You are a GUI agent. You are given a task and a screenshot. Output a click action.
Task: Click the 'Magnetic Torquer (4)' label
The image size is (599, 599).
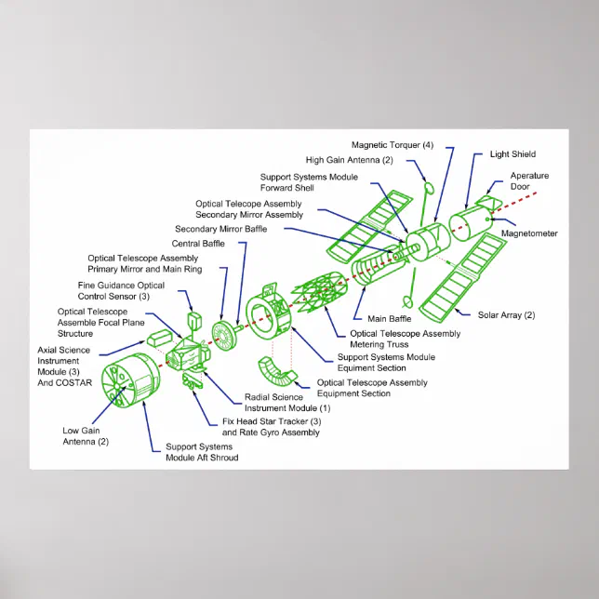click(x=392, y=145)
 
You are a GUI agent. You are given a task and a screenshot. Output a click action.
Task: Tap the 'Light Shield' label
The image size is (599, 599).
click(x=512, y=154)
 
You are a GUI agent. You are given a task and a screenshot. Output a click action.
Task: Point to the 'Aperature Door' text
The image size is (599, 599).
click(x=529, y=181)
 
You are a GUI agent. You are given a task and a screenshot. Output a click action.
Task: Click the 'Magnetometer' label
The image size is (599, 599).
click(x=529, y=233)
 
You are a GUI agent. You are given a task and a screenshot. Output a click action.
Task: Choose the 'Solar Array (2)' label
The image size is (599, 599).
click(x=506, y=315)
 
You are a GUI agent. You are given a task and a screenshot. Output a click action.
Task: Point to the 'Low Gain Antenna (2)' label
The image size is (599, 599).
click(x=86, y=435)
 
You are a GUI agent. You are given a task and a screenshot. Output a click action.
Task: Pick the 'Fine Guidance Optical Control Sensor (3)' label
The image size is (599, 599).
click(x=121, y=291)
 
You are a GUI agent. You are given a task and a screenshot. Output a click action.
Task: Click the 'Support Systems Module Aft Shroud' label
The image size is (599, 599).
click(x=201, y=452)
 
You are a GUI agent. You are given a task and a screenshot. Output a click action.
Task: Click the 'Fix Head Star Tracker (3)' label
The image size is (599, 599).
click(x=271, y=421)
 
